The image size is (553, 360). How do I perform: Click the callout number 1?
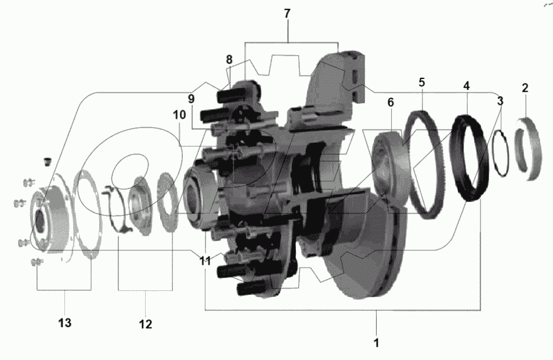pos(376,343)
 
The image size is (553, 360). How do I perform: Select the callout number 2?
pos(525,88)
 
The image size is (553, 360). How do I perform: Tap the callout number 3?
pos(500,101)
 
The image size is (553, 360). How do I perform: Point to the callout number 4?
pos(466,85)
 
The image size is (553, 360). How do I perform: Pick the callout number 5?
pos(422,82)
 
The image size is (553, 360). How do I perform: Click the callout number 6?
pos(391,102)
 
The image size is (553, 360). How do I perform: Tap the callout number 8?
pos(229,59)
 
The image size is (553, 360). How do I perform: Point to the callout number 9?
pos(191,99)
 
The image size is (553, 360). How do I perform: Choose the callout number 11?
pos(205,261)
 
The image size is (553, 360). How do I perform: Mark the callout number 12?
pos(145,324)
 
